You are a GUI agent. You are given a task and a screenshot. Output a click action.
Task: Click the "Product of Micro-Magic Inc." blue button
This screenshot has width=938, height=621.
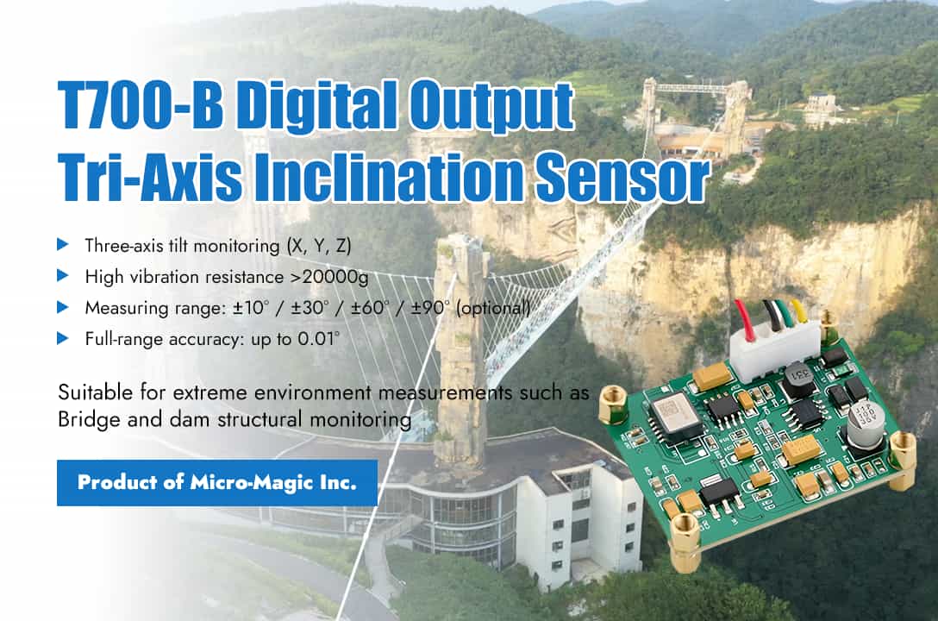point(217,482)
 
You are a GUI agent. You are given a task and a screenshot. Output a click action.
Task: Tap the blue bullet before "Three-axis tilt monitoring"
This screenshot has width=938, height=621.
point(63,245)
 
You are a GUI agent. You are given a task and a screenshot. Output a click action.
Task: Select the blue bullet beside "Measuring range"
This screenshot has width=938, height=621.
point(63,307)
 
